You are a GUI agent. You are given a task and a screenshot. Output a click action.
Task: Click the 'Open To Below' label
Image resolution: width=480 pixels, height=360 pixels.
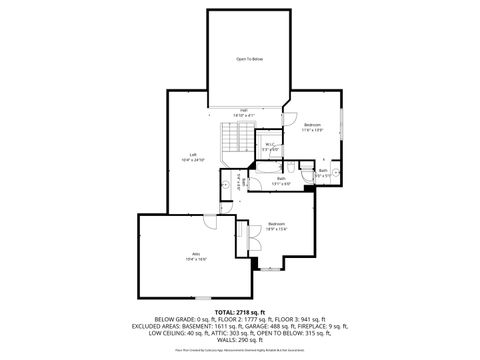(x=249, y=60)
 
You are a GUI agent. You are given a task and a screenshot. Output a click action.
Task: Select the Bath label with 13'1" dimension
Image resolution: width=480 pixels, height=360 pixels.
(x=282, y=181)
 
